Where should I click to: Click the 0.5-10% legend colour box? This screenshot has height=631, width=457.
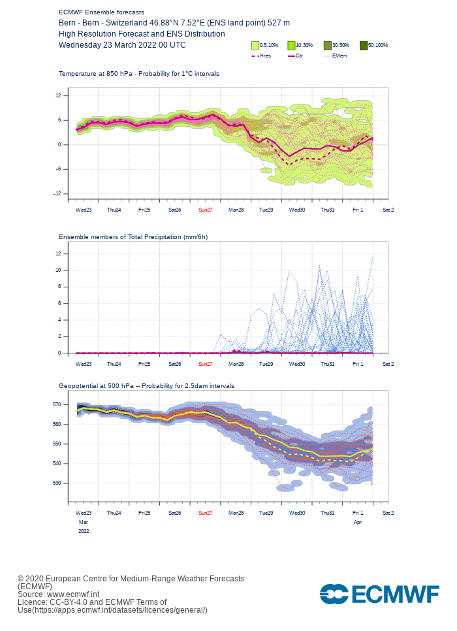click(255, 45)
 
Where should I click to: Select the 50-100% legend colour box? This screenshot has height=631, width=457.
click(364, 45)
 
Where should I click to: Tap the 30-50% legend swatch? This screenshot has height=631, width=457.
click(328, 45)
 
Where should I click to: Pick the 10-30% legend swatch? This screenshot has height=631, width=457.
click(291, 45)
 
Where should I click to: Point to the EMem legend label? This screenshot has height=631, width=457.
click(339, 56)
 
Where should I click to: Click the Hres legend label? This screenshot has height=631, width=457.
click(265, 56)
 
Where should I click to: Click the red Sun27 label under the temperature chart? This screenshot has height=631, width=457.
click(205, 210)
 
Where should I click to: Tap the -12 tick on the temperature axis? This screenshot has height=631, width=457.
click(58, 193)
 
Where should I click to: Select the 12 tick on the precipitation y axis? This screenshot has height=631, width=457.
click(58, 253)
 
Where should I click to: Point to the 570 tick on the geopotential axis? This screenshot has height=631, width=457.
click(57, 404)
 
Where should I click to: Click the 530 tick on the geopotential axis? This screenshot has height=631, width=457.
click(57, 483)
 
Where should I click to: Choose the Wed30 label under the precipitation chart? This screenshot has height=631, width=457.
click(297, 364)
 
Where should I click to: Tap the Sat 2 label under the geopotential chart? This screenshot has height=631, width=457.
click(388, 513)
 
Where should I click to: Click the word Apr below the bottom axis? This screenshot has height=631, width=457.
click(358, 523)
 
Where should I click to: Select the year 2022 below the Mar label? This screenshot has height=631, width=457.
click(84, 531)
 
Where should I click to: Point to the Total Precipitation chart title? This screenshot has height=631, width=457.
click(133, 236)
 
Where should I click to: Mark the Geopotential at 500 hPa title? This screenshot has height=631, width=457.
click(146, 386)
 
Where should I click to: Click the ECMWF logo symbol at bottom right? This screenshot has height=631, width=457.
click(334, 594)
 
